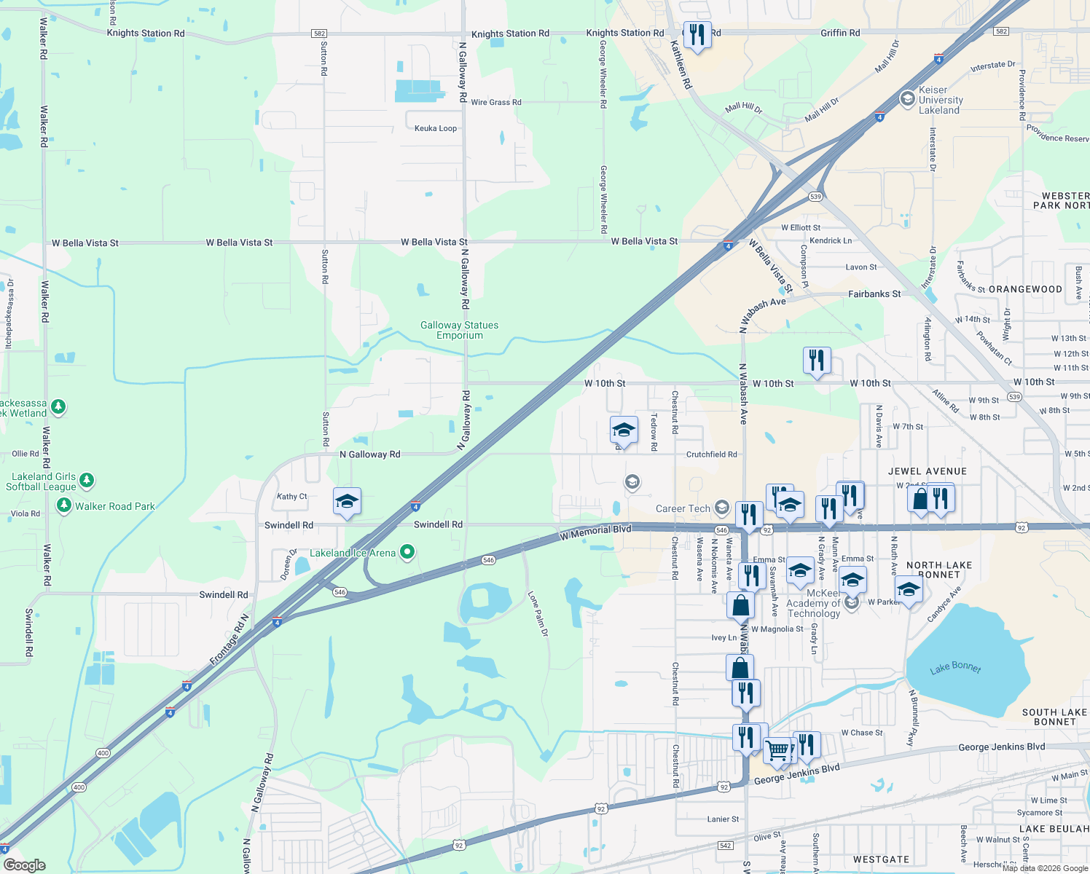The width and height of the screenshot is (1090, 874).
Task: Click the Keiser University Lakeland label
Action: coord(940,101)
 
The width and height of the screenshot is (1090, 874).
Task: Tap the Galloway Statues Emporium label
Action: coord(459,331)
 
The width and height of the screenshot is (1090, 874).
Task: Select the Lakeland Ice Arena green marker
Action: coord(408,553)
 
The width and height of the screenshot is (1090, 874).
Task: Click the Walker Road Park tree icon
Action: coord(64,505)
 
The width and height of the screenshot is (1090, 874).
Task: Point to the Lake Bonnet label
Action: coord(955,668)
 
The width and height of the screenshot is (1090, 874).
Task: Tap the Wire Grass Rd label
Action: coord(495,103)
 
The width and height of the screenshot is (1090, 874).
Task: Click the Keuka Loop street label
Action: coord(436,129)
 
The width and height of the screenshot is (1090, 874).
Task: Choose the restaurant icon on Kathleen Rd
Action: coord(697,34)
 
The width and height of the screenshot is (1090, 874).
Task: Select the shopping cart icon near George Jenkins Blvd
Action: coord(778,749)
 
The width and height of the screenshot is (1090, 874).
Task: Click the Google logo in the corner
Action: coord(24,865)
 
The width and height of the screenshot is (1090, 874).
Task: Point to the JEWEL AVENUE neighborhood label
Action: coord(927,472)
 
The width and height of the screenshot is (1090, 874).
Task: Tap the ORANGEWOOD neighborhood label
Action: coord(1025,290)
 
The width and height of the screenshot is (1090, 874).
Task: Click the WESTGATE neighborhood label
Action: coord(881,860)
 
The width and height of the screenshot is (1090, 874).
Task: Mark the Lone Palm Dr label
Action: coord(538,614)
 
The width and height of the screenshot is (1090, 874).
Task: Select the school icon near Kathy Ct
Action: coord(347,501)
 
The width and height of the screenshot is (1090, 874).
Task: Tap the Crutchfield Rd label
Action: coord(711,454)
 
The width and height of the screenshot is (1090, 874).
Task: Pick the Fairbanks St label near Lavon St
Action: coord(874,294)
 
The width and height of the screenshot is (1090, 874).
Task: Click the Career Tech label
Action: coord(683,509)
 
